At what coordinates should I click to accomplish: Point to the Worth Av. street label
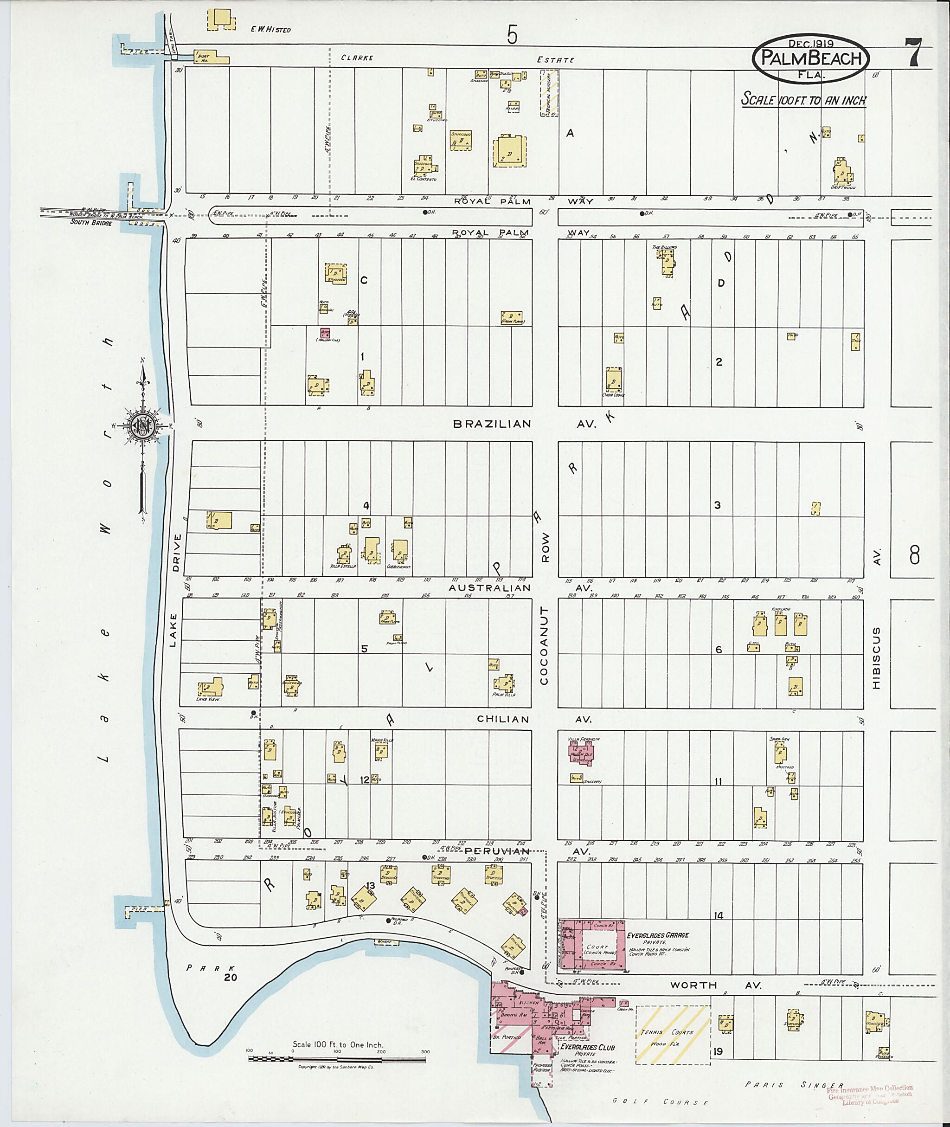coord(715,985)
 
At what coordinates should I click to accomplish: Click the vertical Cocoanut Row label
coord(545,646)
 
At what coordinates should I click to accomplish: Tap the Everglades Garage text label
coord(658,935)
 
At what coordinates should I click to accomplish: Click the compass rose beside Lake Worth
coord(144,425)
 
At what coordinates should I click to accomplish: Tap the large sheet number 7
coord(914,52)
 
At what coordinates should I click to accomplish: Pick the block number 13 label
coord(370,885)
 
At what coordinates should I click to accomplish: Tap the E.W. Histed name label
coord(270,30)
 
